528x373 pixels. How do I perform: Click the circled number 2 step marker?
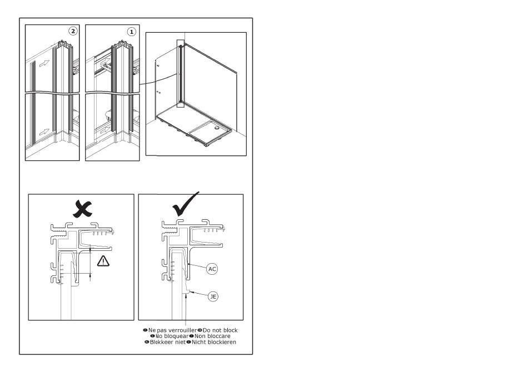pos(73,31)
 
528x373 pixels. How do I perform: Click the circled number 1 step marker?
pos(131,32)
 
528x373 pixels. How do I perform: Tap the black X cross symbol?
pos(82,209)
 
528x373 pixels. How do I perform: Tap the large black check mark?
pos(185,204)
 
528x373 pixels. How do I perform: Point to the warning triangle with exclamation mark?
pos(103,261)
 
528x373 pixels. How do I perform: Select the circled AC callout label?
pos(212,269)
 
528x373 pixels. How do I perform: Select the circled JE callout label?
pos(213,296)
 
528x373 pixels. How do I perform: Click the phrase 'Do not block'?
pos(220,330)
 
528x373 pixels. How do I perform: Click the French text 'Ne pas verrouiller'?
pos(172,330)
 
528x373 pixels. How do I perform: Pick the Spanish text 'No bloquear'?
pos(172,336)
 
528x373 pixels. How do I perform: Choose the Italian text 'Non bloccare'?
pos(212,336)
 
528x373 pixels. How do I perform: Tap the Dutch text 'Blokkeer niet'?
pos(168,342)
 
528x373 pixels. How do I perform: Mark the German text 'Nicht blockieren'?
pos(214,342)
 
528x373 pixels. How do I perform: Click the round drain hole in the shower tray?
pos(216,128)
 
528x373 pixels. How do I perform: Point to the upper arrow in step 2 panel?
pos(44,63)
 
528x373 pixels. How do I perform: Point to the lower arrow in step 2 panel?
pos(44,132)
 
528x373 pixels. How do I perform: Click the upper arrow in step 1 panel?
pos(106,61)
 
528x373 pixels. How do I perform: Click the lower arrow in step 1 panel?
pos(106,129)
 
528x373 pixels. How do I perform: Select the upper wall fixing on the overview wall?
pos(158,65)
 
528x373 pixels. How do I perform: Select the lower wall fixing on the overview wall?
pos(158,92)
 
